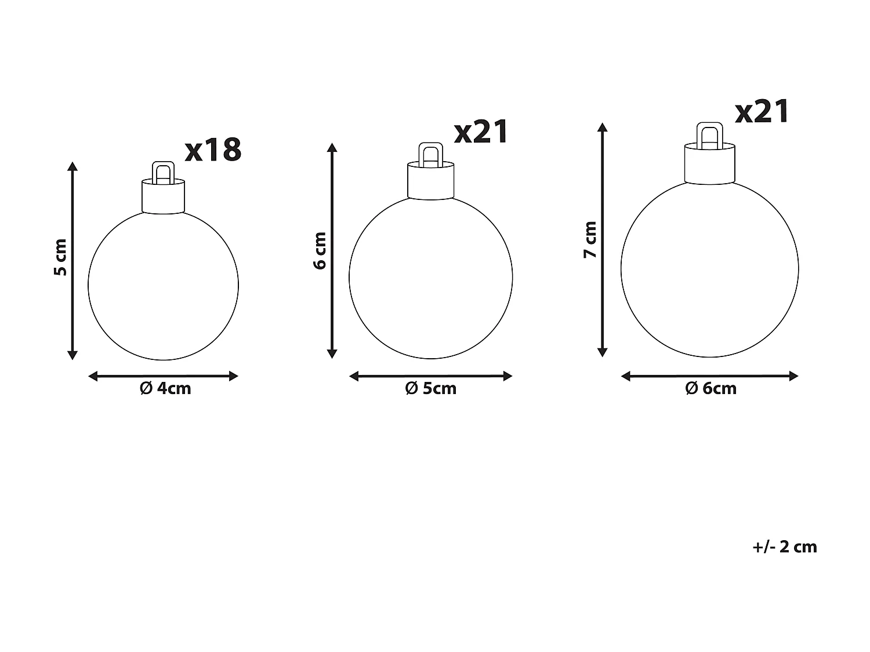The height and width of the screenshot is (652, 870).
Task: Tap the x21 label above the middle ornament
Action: pyautogui.click(x=481, y=132)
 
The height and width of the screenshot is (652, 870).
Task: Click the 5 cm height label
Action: pyautogui.click(x=61, y=257)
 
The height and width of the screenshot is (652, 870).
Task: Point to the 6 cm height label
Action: pyautogui.click(x=320, y=250)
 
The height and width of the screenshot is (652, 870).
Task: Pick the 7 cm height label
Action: pyautogui.click(x=590, y=239)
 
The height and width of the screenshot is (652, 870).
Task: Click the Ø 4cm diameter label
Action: pyautogui.click(x=165, y=388)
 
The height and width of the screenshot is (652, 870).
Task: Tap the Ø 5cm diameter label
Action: pyautogui.click(x=431, y=388)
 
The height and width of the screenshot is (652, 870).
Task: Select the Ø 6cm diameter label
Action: pyautogui.click(x=710, y=388)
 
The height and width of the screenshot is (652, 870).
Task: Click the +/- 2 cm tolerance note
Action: pyautogui.click(x=785, y=547)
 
